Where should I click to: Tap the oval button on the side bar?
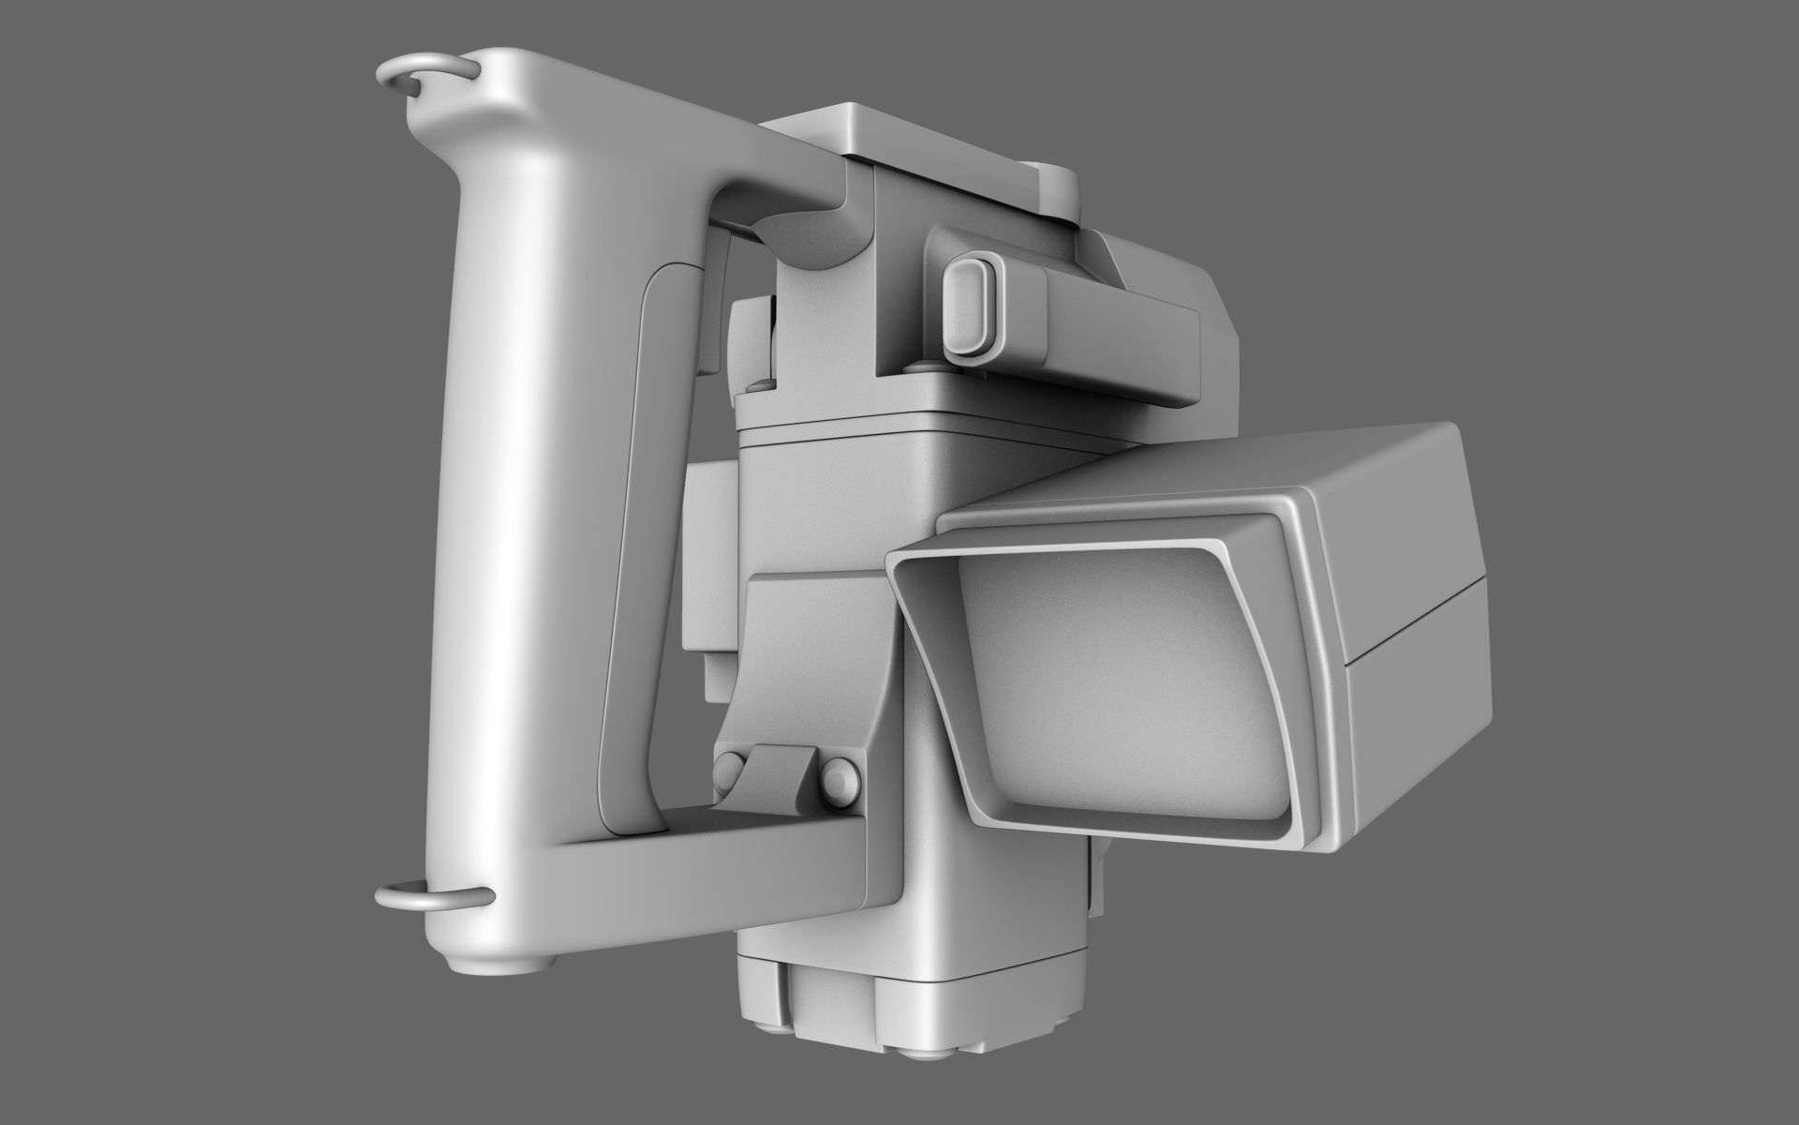[968, 309]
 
